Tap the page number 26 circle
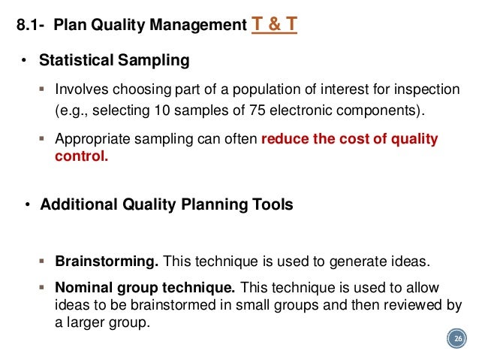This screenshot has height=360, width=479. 455,340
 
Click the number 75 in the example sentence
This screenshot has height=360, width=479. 221,112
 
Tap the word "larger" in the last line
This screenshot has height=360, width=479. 88,322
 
